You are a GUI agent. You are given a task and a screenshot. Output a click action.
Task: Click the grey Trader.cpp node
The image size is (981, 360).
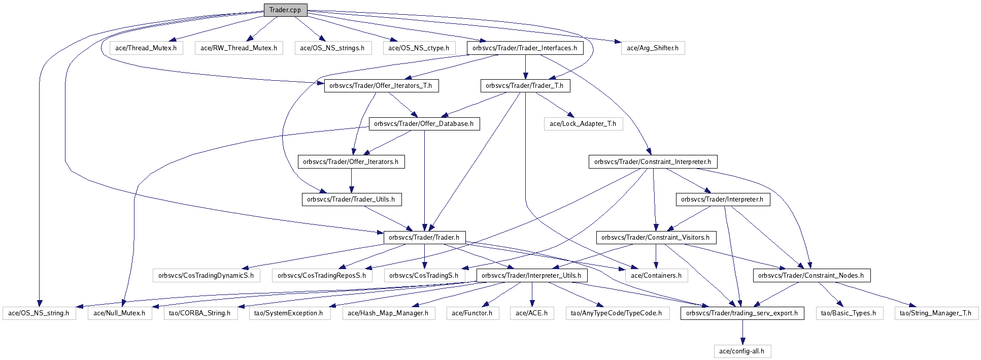coord(285,10)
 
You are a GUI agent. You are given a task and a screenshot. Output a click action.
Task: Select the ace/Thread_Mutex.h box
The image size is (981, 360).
coord(146,48)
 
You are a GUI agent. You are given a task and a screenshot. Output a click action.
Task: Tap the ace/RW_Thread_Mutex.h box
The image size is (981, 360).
coord(239,48)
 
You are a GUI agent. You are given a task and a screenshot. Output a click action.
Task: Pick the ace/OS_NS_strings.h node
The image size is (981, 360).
coord(332,48)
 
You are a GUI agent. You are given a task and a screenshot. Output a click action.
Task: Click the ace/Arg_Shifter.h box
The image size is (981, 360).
coord(653,48)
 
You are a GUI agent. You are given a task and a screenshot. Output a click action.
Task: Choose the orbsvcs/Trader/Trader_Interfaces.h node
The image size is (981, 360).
coord(525,48)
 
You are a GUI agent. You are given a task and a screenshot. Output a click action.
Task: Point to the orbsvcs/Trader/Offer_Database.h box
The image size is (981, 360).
coord(424,123)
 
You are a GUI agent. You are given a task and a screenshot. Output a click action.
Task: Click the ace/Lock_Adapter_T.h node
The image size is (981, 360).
coord(583,123)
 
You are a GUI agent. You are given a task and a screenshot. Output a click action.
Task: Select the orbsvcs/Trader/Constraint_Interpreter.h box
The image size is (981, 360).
coord(653,162)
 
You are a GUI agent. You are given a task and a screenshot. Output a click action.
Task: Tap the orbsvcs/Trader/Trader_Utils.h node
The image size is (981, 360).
coord(351,200)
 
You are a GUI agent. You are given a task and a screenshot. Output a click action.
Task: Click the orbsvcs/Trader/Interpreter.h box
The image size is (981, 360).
coord(722,200)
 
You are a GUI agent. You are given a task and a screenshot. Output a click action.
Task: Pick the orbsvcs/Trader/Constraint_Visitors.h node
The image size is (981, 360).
coord(656,237)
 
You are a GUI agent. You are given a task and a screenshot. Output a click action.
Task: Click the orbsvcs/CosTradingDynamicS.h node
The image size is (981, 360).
coord(206,275)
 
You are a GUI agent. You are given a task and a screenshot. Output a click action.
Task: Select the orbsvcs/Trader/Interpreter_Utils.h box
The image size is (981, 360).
coord(532,275)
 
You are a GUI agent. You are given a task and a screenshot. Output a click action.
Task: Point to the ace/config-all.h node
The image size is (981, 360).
coord(742,351)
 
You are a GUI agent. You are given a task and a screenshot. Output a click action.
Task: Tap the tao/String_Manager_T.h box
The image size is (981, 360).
coord(935,313)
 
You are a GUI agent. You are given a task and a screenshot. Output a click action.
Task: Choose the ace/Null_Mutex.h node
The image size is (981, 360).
coord(119,313)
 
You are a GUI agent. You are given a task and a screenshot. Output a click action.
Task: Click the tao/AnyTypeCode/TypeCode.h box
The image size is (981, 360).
coord(616,313)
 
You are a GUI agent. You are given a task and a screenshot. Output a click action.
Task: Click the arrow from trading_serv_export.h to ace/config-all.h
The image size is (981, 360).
coord(742,333)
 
